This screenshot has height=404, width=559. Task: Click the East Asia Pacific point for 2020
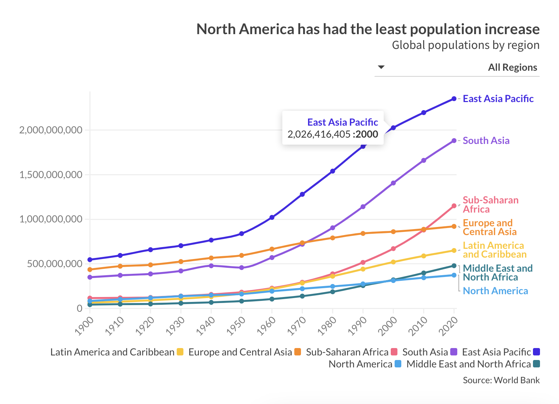click(x=454, y=99)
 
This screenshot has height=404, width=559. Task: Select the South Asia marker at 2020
click(x=454, y=140)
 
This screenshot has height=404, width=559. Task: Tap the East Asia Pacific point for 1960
click(x=272, y=217)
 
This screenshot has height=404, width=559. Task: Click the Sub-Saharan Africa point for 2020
click(x=454, y=206)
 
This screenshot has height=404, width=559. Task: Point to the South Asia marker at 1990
click(x=363, y=207)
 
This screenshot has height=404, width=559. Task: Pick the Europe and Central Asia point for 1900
click(x=90, y=270)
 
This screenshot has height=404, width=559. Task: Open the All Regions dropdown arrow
click(x=381, y=67)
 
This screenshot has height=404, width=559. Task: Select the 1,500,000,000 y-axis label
click(x=51, y=175)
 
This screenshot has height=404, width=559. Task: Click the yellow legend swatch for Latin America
click(x=180, y=352)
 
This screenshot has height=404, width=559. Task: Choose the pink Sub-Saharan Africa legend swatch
click(x=394, y=352)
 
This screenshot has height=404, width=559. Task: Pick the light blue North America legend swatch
click(x=398, y=364)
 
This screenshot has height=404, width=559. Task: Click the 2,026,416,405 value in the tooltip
click(x=319, y=134)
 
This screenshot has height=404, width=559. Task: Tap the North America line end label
click(x=495, y=291)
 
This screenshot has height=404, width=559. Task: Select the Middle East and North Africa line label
click(x=497, y=273)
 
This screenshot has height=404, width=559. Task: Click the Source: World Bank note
click(x=501, y=380)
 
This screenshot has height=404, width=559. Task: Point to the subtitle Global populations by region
click(x=465, y=45)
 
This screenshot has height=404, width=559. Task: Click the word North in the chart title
click(x=216, y=29)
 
